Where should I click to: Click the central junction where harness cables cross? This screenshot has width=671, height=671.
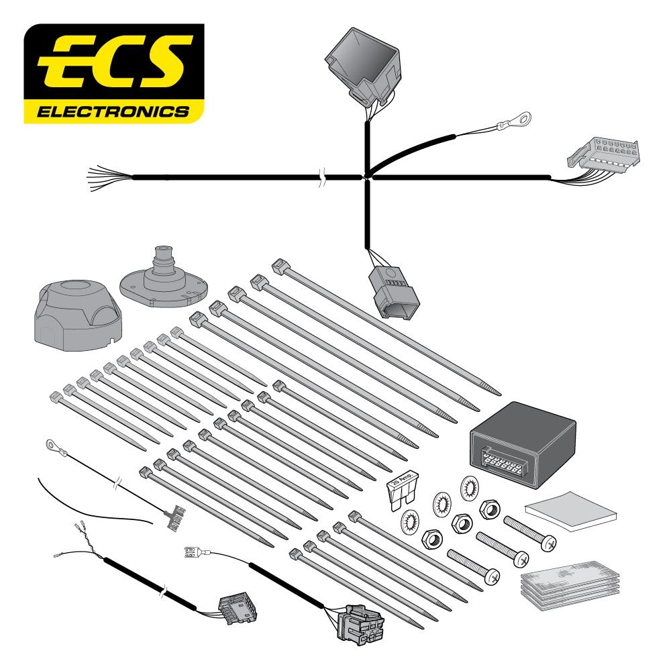[x=367, y=177]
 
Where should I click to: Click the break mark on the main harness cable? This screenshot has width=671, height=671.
[x=323, y=178]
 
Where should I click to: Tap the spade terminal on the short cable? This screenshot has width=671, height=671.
[x=195, y=552]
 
